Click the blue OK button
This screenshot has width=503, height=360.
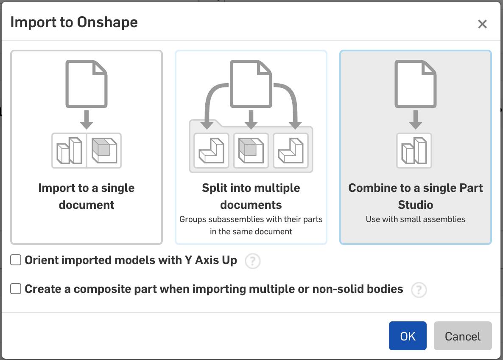coord(408,336)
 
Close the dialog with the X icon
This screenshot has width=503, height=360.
coord(482,24)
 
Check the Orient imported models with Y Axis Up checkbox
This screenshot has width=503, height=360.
coord(16,260)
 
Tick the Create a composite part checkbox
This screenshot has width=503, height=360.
coord(16,289)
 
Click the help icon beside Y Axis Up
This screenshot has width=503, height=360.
coord(252,261)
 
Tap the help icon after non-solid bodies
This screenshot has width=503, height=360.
coord(419,290)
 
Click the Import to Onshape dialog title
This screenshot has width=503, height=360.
coord(74,22)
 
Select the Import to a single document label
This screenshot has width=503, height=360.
coord(86,196)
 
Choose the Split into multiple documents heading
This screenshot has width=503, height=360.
coord(251,196)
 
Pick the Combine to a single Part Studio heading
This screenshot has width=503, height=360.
coord(416,196)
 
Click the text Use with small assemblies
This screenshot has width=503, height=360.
coord(416,219)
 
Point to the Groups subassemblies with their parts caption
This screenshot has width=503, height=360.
coord(251,225)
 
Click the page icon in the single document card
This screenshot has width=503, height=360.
coord(86,84)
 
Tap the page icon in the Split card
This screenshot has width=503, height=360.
coord(251,84)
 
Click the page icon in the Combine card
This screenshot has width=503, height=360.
coord(416,84)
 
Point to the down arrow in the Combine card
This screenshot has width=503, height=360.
coord(416,119)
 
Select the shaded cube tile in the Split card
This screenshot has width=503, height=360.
coord(251,151)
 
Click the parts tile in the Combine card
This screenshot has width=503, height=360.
coord(414,151)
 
